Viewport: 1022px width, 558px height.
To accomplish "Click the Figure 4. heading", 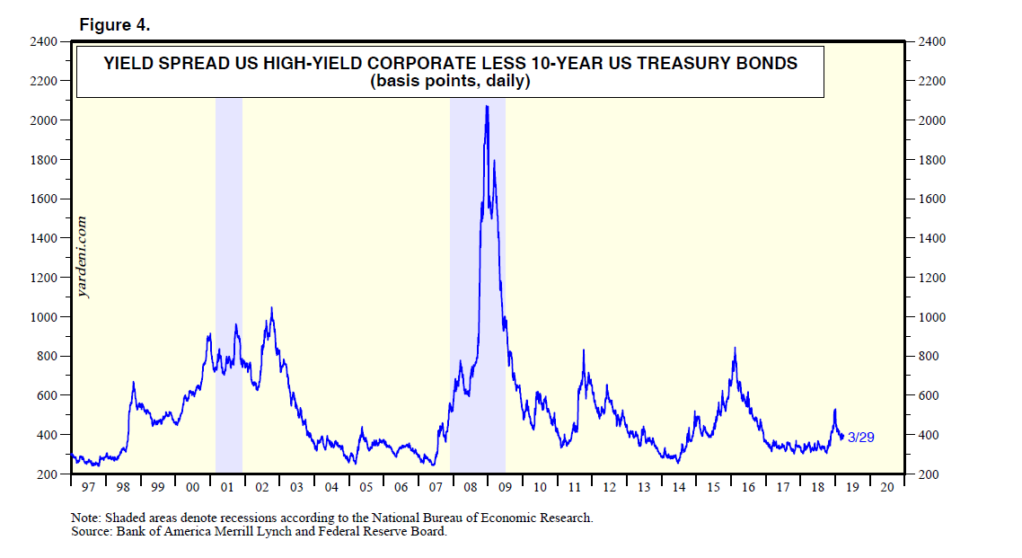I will [114, 25].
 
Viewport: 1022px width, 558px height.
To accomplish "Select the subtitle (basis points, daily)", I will [450, 82].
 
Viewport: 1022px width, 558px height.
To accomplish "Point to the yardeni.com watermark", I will [83, 256].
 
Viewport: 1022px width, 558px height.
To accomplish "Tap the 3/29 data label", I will [860, 437].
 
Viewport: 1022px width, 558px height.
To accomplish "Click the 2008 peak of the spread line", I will [487, 107].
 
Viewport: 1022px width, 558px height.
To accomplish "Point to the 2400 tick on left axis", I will [44, 42].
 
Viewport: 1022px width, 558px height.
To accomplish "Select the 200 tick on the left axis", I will [47, 474].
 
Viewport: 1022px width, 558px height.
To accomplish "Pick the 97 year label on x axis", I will [87, 487].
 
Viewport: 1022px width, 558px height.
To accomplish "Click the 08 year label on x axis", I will [470, 487].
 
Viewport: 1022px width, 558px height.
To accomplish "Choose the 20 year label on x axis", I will [886, 487].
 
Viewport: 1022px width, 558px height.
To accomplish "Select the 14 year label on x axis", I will [678, 487].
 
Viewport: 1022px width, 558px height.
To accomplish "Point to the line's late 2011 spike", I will [584, 350].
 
